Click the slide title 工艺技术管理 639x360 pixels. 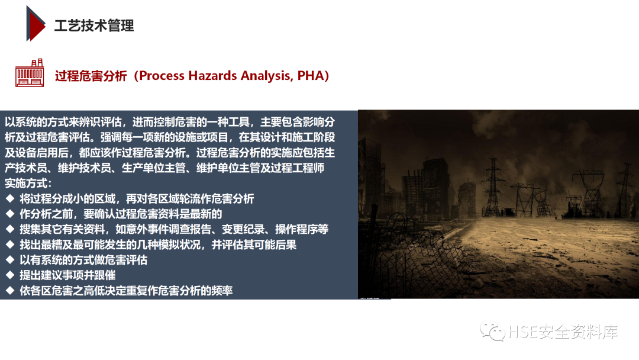pos(94,25)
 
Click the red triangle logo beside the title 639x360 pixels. pos(35,23)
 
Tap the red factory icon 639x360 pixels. pos(30,74)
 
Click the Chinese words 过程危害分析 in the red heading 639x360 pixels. pos(91,76)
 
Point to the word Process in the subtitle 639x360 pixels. pos(163,76)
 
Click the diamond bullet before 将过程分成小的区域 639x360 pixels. pos(9,198)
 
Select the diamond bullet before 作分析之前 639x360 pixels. pos(9,214)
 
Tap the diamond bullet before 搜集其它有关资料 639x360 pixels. pos(9,229)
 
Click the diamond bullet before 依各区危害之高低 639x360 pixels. pos(9,291)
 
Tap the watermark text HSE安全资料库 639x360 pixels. pos(563,332)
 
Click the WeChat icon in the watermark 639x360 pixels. pos(492,332)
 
